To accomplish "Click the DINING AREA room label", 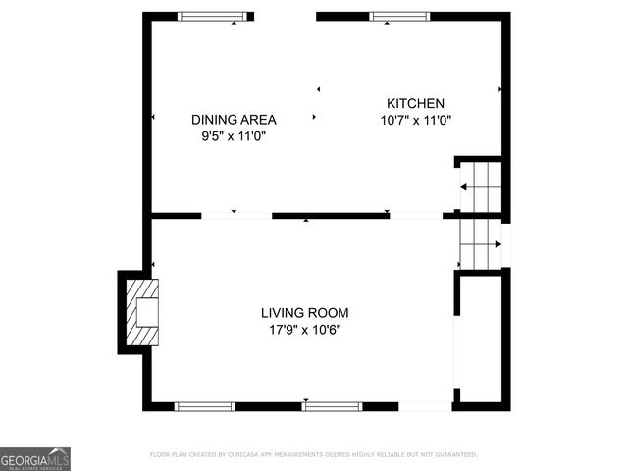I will [234, 120].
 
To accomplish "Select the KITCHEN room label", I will [415, 103].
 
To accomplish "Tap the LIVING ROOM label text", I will [304, 313].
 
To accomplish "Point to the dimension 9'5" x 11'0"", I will [234, 137].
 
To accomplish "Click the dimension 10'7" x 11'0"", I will [415, 121].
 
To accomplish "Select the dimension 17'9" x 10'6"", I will [304, 330].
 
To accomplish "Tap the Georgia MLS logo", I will [35, 458].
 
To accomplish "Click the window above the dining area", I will [212, 17].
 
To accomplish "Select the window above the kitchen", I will [399, 17].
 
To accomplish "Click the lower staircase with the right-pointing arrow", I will [481, 243].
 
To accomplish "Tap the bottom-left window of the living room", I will [204, 405].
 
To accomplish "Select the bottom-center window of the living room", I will [331, 405].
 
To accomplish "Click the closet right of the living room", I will [481, 339].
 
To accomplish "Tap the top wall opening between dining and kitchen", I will [285, 17].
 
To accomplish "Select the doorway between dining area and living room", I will [236, 215].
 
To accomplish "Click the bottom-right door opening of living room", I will [425, 405].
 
